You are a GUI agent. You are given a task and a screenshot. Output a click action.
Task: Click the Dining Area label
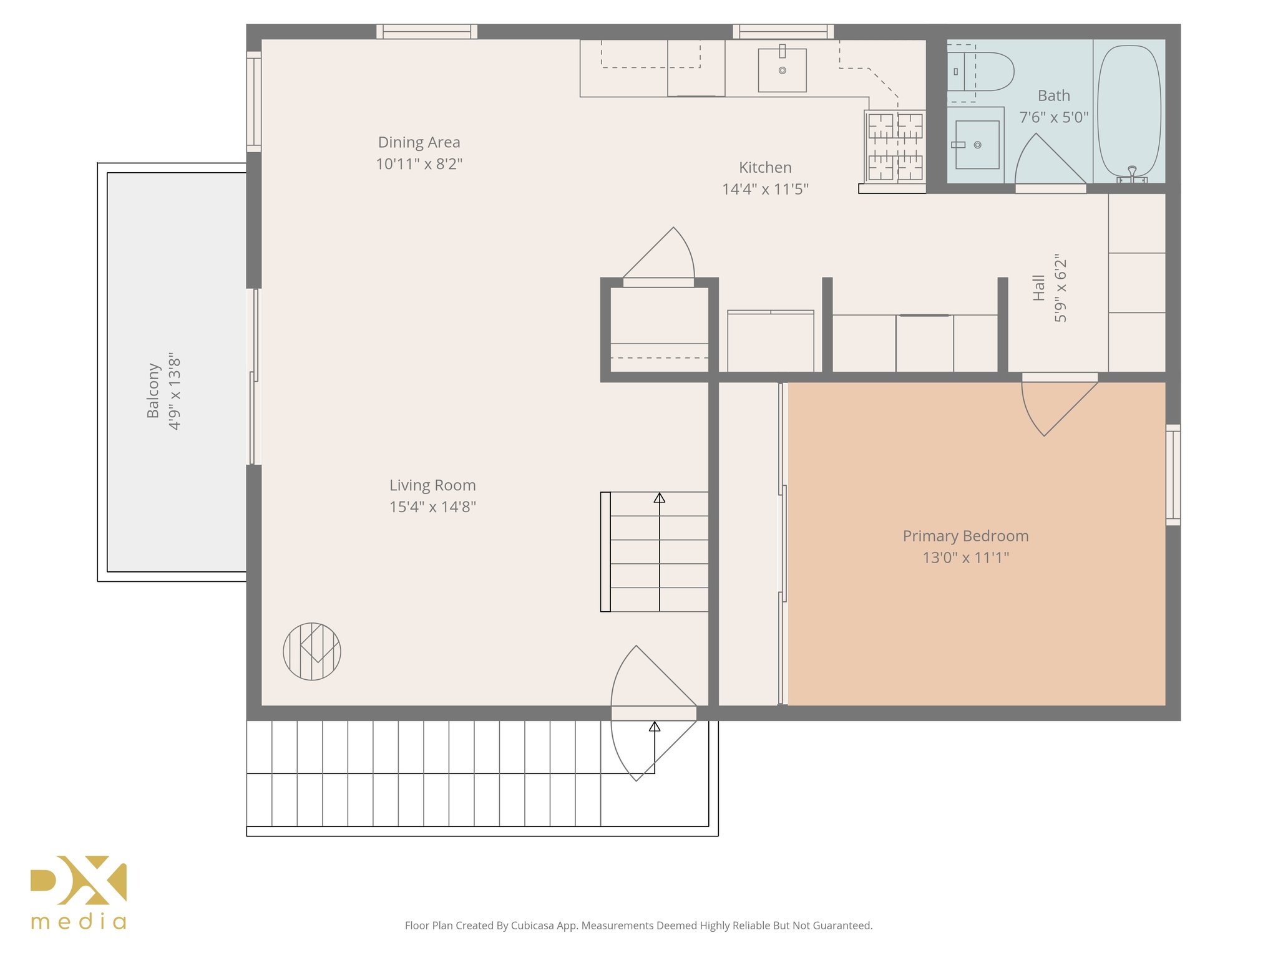(x=419, y=142)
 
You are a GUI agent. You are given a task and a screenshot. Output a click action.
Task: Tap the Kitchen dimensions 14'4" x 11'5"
(x=765, y=189)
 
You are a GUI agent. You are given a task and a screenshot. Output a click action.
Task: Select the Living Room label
(x=432, y=485)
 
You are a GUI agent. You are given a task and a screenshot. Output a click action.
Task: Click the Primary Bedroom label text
(x=965, y=536)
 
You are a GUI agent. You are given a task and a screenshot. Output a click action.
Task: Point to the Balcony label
(x=153, y=390)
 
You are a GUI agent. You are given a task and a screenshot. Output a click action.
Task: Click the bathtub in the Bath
(x=1129, y=110)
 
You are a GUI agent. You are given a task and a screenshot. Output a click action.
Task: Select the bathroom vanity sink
(x=977, y=145)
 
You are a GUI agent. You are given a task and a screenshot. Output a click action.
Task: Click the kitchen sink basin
(x=782, y=70)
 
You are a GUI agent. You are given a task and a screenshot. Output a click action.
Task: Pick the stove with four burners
(x=895, y=147)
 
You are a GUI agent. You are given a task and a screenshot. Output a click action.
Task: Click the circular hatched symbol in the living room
(x=312, y=651)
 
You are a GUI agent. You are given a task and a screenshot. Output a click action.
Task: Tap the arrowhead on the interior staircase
(x=659, y=498)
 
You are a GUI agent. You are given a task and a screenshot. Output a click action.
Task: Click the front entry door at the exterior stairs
(x=653, y=713)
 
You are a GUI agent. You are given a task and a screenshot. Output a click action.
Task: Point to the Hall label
(x=1038, y=288)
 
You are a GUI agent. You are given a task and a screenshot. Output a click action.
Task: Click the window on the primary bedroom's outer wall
(x=1173, y=475)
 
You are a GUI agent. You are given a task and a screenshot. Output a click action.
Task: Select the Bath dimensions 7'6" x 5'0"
(x=1053, y=117)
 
